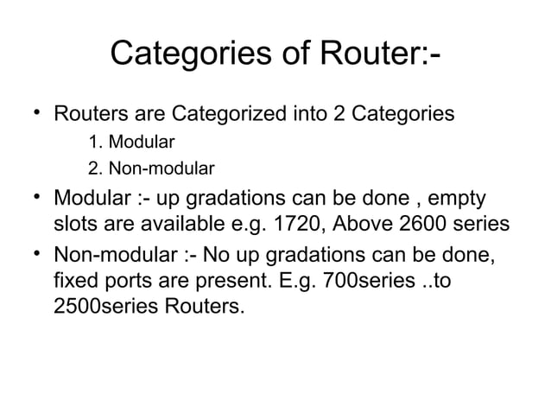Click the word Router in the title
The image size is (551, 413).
click(375, 58)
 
